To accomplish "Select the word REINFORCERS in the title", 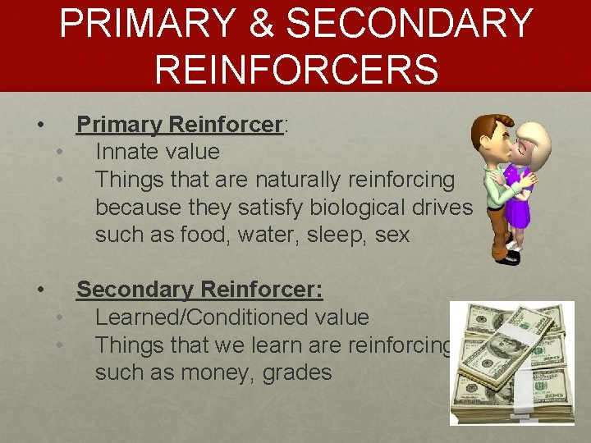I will tap(295, 68).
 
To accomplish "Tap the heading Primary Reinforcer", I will tap(180, 125).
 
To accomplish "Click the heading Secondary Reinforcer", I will tap(199, 290).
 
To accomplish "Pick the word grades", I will tap(294, 373).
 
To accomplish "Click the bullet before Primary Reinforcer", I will tap(39, 126).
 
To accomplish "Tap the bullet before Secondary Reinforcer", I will tap(39, 290).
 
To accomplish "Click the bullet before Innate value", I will tap(60, 153).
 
